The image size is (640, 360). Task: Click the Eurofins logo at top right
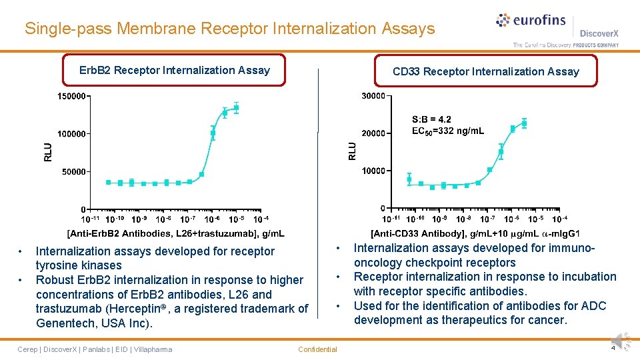[x=531, y=21]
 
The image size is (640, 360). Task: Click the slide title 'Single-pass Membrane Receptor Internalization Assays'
[x=229, y=29]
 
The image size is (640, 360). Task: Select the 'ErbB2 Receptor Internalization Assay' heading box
[x=174, y=70]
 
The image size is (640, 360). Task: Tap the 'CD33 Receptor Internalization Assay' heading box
[x=485, y=71]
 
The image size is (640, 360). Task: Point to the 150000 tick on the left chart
[x=71, y=96]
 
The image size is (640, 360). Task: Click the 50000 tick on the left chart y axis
[x=73, y=171]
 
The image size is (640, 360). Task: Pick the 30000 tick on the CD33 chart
[x=373, y=96]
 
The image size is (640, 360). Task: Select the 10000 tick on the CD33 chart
[x=373, y=171]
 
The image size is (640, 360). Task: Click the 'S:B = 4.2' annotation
[x=431, y=119]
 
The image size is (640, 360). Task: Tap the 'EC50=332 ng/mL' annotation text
[x=448, y=131]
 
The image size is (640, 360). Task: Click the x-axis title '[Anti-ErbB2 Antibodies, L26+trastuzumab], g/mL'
[x=175, y=233]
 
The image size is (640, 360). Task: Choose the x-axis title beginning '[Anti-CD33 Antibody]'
[x=475, y=233]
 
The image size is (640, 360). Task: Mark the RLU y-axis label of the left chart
[x=47, y=153]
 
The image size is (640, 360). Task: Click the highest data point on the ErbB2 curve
[x=236, y=107]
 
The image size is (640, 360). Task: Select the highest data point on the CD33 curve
[x=524, y=123]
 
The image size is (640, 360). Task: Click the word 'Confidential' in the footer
[x=317, y=349]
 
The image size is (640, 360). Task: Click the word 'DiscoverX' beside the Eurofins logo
[x=599, y=33]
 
